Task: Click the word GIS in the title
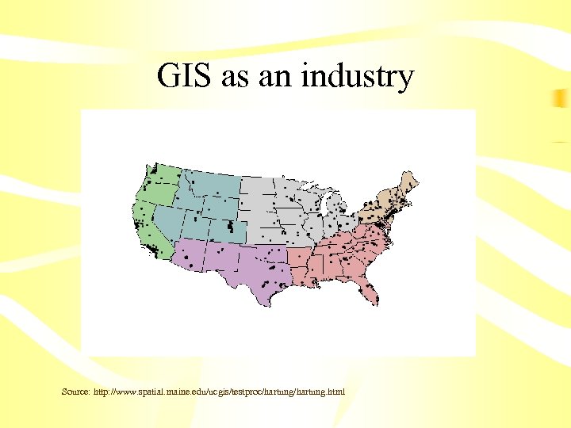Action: (x=185, y=77)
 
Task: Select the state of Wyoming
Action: (x=217, y=207)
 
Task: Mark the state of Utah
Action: (x=195, y=225)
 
